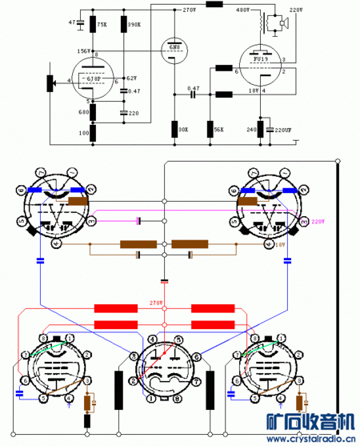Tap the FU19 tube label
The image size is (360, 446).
click(x=258, y=58)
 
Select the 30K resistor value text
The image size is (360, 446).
click(x=183, y=129)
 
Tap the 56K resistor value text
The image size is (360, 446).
click(x=218, y=129)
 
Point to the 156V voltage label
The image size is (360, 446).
click(x=82, y=50)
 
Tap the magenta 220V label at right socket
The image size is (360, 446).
click(x=318, y=221)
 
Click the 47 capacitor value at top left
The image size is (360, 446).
click(x=72, y=22)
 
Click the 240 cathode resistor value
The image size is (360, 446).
click(x=250, y=129)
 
